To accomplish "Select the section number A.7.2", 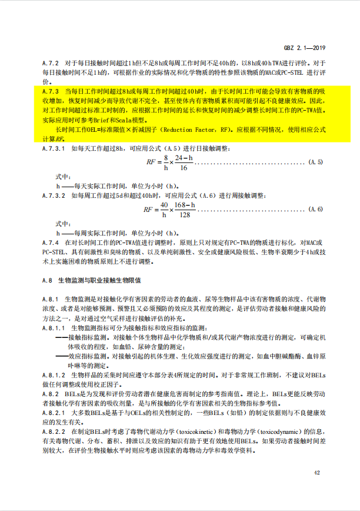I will click(51, 62).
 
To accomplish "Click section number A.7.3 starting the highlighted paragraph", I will click(51, 92).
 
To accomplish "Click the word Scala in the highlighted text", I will click(140, 120).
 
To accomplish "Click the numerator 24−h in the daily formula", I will click(184, 158).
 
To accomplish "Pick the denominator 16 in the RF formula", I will click(184, 168).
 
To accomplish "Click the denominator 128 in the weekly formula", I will click(186, 215).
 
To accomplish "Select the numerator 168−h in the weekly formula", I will click(186, 205).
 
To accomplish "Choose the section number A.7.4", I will click(51, 242).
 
